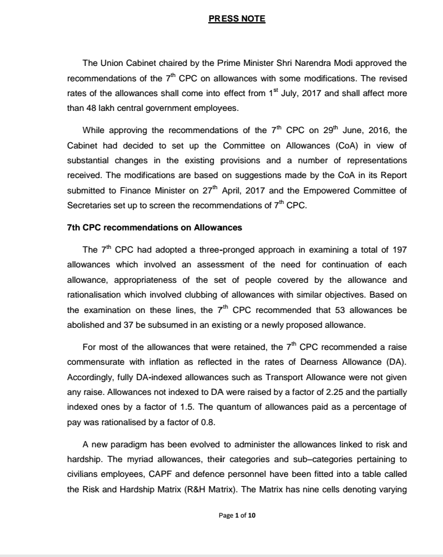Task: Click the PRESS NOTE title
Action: [x=237, y=19]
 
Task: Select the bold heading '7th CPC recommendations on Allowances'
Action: [x=154, y=227]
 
